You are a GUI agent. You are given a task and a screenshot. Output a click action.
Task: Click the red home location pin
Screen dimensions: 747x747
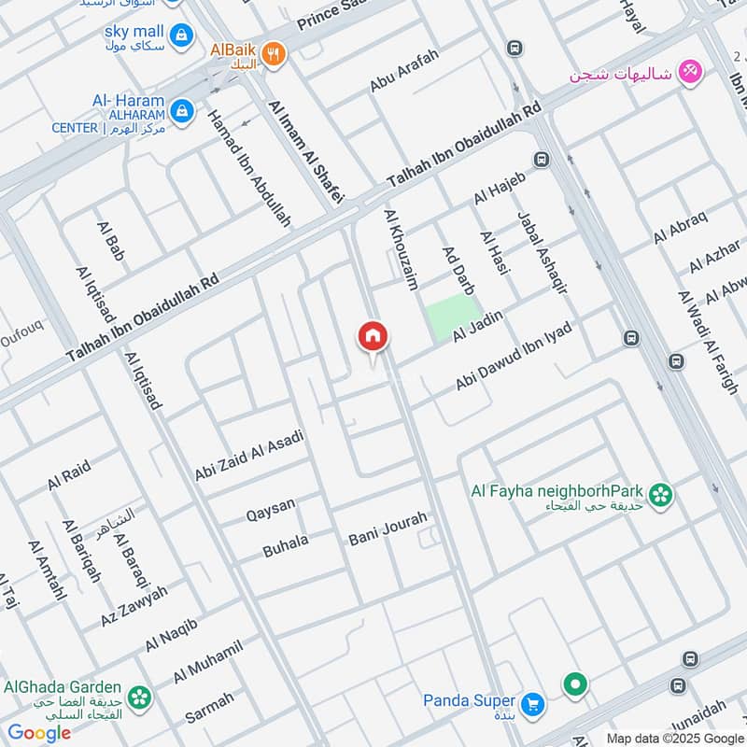(x=373, y=337)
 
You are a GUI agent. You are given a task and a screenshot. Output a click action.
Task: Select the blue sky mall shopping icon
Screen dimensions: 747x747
(x=181, y=35)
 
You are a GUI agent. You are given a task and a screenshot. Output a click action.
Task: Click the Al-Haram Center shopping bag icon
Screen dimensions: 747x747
(x=181, y=111)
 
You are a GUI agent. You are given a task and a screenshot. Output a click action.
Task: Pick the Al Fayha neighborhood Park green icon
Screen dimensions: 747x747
(x=661, y=496)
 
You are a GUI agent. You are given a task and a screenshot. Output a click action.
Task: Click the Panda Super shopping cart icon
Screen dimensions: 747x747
(x=532, y=702)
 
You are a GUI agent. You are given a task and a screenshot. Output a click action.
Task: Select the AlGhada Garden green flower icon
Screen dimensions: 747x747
(x=138, y=695)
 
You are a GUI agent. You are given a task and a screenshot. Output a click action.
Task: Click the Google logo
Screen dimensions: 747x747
(x=39, y=733)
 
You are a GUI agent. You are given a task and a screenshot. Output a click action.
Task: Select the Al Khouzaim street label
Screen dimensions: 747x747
(x=401, y=248)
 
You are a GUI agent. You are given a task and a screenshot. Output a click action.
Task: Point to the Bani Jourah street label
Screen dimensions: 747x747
(x=388, y=529)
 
